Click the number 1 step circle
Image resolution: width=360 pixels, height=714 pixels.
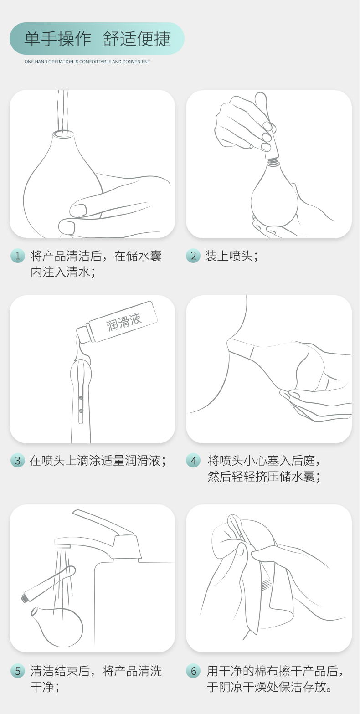pyautogui.click(x=17, y=256)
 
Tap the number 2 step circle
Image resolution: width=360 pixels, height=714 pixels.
pyautogui.click(x=193, y=256)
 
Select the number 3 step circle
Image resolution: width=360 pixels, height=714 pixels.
pyautogui.click(x=17, y=460)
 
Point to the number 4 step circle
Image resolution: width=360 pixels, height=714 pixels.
pyautogui.click(x=193, y=460)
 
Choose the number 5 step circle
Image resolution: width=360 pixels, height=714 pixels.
pyautogui.click(x=17, y=671)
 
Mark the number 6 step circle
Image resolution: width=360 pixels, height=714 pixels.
pyautogui.click(x=193, y=671)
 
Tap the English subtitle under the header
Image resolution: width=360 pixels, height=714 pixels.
pyautogui.click(x=87, y=62)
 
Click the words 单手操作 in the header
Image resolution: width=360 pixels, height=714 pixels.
pyautogui.click(x=58, y=39)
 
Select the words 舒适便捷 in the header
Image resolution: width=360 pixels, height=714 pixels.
pyautogui.click(x=137, y=39)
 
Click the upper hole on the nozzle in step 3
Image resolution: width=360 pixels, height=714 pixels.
pyautogui.click(x=81, y=398)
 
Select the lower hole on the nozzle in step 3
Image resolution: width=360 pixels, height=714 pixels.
pyautogui.click(x=81, y=411)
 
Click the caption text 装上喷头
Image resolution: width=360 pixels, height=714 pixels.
pyautogui.click(x=229, y=256)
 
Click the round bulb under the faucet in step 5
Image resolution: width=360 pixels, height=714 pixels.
pyautogui.click(x=57, y=627)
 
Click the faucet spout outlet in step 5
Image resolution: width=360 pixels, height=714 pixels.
pyautogui.click(x=63, y=546)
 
